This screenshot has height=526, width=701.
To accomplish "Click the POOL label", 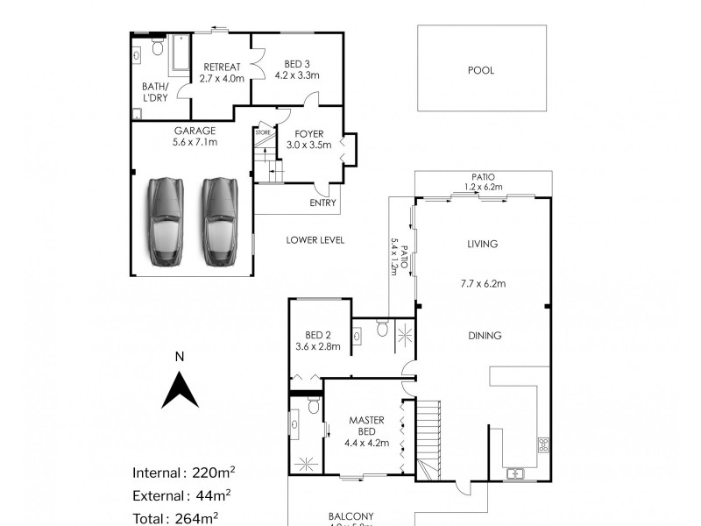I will pyautogui.click(x=482, y=70).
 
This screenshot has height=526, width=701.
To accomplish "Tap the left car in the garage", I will pyautogui.click(x=164, y=221).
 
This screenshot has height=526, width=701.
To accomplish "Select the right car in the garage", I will pyautogui.click(x=219, y=221).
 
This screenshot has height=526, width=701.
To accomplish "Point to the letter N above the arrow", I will pyautogui.click(x=179, y=357).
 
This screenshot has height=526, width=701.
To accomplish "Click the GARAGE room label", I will pyautogui.click(x=195, y=130).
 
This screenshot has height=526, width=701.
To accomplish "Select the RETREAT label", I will pyautogui.click(x=216, y=67).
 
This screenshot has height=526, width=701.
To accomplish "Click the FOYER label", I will pyautogui.click(x=310, y=134).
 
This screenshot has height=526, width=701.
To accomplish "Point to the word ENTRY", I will pyautogui.click(x=322, y=203).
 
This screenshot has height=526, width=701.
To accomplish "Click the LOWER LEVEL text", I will pyautogui.click(x=315, y=239).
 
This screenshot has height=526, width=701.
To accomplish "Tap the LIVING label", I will pyautogui.click(x=483, y=245).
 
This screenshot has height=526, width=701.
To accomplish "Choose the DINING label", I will pyautogui.click(x=484, y=335).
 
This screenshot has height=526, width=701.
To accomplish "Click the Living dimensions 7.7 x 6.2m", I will pyautogui.click(x=483, y=283).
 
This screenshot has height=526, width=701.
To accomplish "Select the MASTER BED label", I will pyautogui.click(x=362, y=426).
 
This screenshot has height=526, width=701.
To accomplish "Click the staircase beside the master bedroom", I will pyautogui.click(x=428, y=438).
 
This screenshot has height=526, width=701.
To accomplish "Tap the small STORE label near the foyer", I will pyautogui.click(x=262, y=131).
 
